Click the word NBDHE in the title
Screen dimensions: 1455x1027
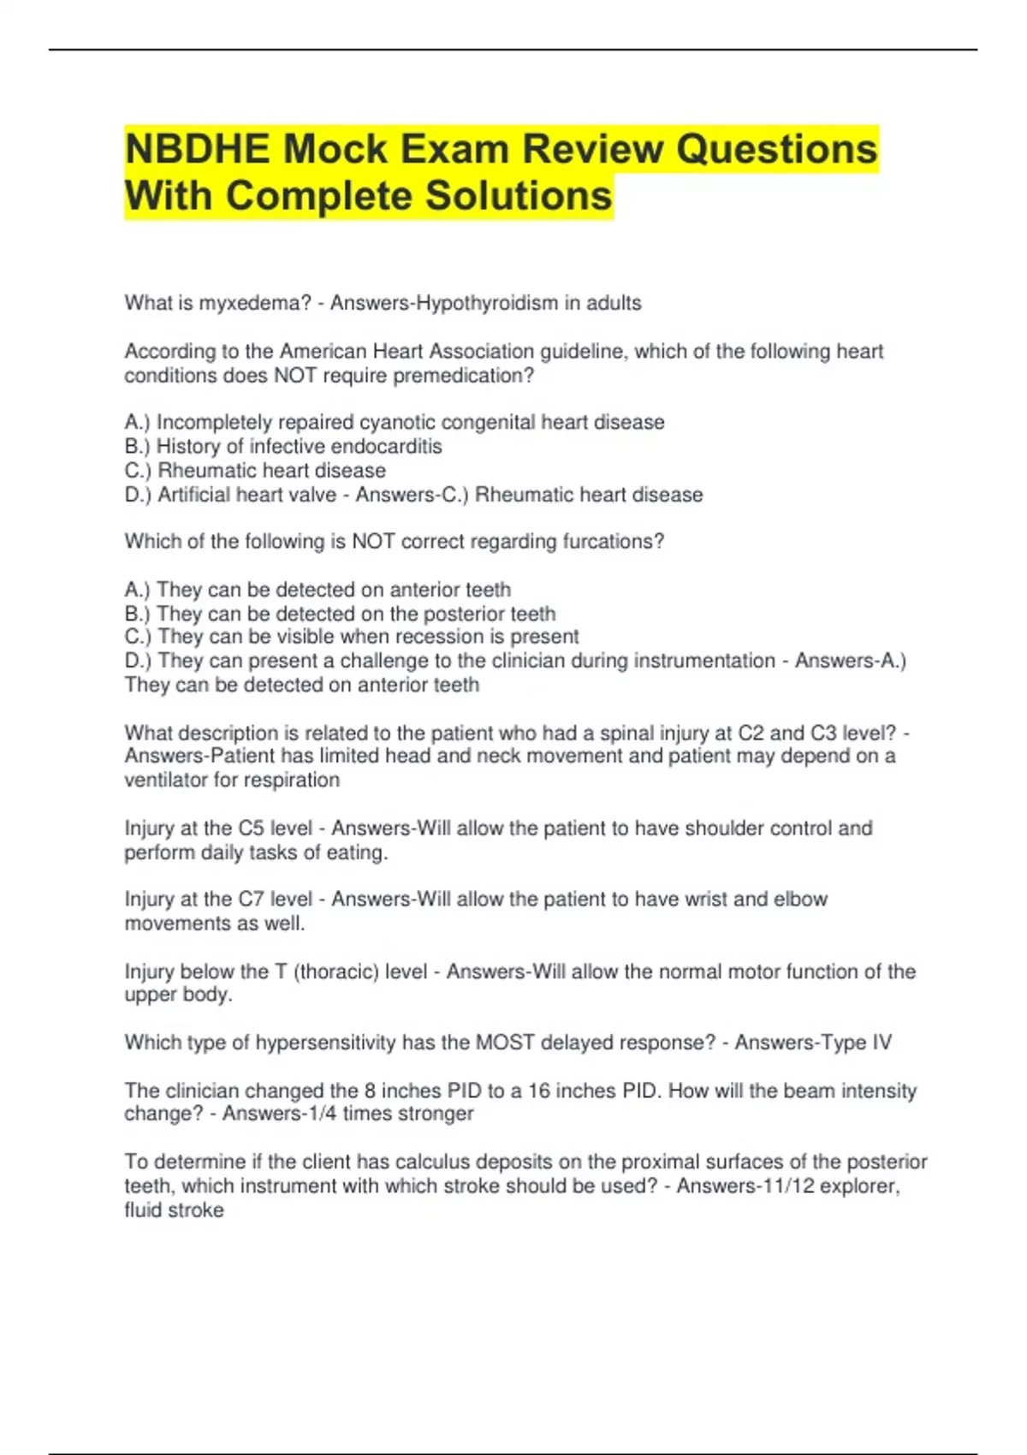click(x=198, y=150)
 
